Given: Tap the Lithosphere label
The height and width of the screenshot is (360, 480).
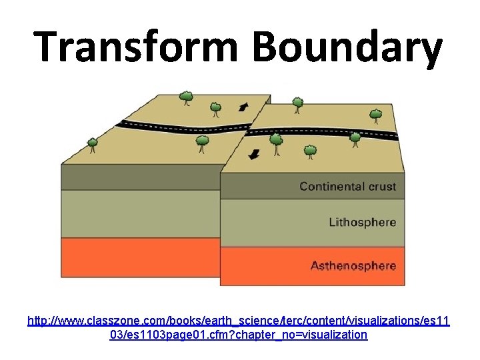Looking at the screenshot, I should [362, 222].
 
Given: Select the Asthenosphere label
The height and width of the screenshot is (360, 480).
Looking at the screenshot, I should [353, 265].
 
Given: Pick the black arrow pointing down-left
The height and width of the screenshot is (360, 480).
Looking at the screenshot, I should [254, 155].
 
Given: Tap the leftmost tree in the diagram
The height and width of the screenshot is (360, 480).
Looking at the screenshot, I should [92, 143].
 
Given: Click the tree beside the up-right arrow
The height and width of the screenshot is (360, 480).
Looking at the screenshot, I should [215, 107].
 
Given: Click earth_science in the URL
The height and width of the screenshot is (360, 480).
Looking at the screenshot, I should [222, 321].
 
